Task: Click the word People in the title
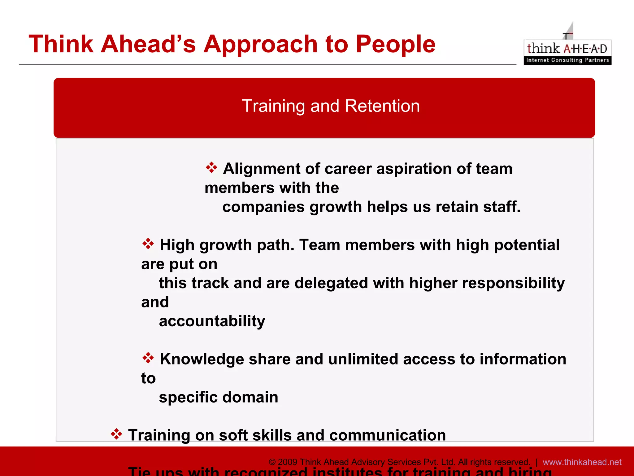click(x=395, y=44)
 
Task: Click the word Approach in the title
click(x=260, y=44)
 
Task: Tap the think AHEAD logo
click(x=567, y=48)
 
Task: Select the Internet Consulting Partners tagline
click(x=567, y=60)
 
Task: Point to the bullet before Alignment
click(x=212, y=167)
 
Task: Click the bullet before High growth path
click(x=148, y=244)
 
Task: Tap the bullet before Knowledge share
click(x=148, y=358)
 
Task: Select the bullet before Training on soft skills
click(x=116, y=434)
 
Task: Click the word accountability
click(x=212, y=321)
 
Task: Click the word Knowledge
click(x=202, y=359)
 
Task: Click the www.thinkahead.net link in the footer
click(x=582, y=462)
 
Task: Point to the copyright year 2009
click(x=288, y=462)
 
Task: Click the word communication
click(x=387, y=435)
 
